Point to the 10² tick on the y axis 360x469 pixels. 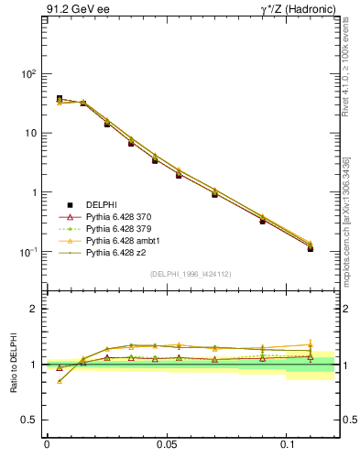coord(30,74)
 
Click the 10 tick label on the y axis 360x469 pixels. coord(32,134)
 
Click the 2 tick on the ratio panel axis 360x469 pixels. coord(36,310)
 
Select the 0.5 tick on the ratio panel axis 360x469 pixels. coord(32,420)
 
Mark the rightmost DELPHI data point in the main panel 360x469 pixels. coord(311,248)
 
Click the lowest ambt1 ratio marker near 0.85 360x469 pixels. coord(60,380)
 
